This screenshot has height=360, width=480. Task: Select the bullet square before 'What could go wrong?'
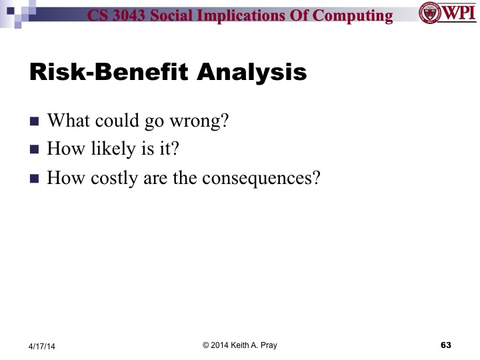35,123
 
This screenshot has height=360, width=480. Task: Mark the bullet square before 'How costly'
35,179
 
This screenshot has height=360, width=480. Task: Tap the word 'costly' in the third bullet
113,179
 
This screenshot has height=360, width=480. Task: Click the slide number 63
446,345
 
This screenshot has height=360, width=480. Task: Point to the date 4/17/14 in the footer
42,345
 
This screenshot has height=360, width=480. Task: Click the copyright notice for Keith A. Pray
240,345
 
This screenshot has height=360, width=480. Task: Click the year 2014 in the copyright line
221,345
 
